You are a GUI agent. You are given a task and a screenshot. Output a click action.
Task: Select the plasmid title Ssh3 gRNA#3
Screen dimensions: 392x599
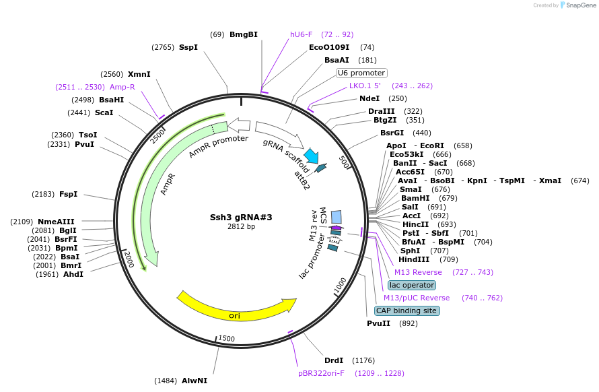(241, 217)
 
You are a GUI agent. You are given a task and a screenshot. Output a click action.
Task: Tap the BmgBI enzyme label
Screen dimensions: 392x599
(244, 34)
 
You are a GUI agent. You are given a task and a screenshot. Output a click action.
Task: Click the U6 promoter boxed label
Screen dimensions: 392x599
(361, 73)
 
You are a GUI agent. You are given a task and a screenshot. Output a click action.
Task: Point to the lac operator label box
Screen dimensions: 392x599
(411, 285)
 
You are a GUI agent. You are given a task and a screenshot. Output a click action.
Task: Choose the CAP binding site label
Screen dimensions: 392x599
(407, 311)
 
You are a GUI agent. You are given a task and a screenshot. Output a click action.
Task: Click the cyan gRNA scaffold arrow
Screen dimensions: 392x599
(311, 156)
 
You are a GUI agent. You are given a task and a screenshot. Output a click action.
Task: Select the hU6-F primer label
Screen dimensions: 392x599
(301, 34)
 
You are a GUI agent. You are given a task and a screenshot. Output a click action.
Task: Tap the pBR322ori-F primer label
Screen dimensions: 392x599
(321, 372)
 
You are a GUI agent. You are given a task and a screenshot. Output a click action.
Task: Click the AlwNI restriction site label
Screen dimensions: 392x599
(195, 381)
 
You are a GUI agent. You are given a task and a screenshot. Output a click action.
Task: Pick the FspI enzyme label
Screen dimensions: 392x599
(68, 194)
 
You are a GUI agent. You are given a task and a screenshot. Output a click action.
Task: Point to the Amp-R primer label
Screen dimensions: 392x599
(122, 87)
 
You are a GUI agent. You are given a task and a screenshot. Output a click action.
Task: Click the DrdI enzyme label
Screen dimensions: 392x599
(334, 360)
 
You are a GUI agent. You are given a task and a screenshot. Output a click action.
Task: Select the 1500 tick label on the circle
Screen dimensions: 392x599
(227, 338)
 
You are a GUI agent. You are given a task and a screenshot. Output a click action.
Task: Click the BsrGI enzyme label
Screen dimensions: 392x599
(392, 133)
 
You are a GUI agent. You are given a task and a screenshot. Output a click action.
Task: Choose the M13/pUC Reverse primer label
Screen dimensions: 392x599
(417, 298)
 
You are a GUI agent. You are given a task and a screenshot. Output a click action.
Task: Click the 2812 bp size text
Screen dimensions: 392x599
(241, 226)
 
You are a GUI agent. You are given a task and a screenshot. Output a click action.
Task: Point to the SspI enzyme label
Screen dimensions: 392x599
(188, 47)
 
